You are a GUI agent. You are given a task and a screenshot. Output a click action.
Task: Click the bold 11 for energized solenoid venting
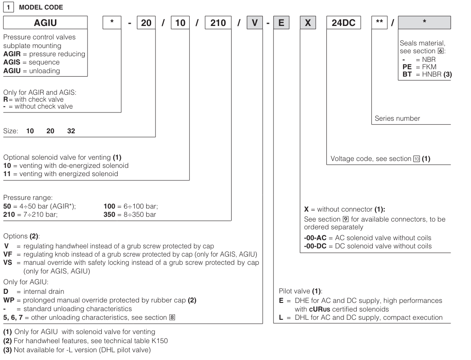point(7,174)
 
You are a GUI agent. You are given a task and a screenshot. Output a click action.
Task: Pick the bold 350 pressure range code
point(108,215)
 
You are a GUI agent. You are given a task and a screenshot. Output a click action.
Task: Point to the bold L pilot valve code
point(282,318)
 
